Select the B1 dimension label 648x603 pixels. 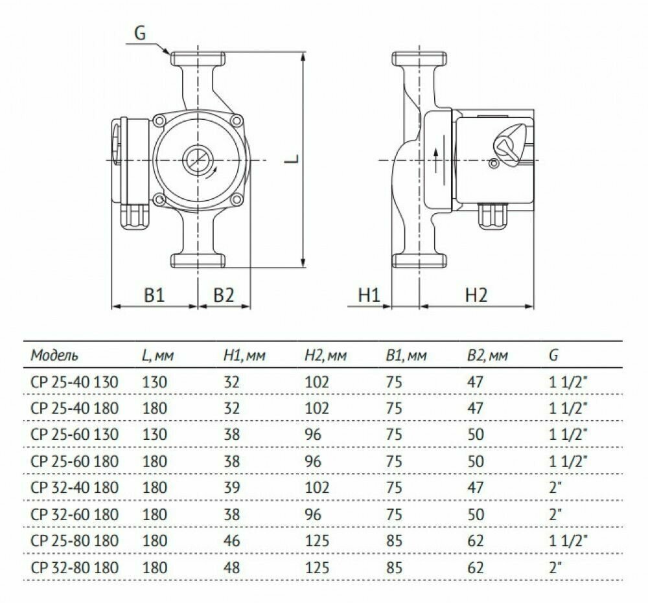click(154, 295)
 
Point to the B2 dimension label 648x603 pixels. click(224, 295)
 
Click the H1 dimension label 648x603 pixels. click(368, 295)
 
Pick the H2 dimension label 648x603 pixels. click(476, 295)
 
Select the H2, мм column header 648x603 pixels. click(325, 356)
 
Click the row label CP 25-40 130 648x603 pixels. click(75, 381)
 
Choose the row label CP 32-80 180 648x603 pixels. click(75, 567)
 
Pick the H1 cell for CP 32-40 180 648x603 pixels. click(231, 488)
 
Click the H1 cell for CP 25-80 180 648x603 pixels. click(231, 541)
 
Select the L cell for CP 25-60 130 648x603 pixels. click(154, 435)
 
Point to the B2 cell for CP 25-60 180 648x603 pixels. click(476, 461)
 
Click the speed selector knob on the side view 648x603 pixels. click(509, 148)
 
